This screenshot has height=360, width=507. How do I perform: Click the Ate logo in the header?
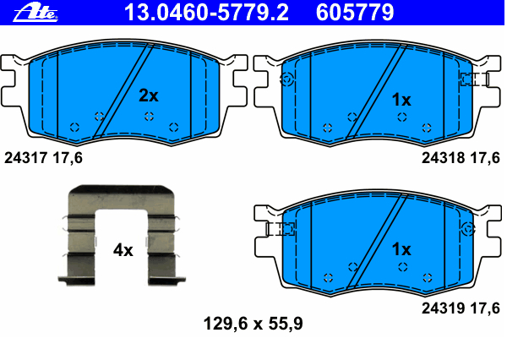[35, 13]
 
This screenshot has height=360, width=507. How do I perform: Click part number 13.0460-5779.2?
[206, 13]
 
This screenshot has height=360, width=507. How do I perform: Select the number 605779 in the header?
[355, 13]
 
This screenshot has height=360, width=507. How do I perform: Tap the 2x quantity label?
[149, 95]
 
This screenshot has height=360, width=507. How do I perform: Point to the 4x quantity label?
[123, 250]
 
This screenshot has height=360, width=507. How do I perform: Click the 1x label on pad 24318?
[401, 100]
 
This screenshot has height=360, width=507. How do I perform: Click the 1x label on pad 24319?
[401, 249]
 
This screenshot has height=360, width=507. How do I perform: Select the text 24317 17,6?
[43, 158]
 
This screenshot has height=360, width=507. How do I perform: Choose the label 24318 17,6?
[461, 158]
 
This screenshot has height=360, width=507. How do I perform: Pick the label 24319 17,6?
[461, 308]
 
